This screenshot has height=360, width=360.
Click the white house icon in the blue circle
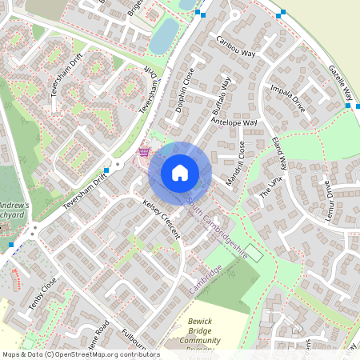point(180,173)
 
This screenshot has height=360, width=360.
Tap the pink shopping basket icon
point(144,151)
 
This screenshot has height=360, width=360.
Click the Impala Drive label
point(287,98)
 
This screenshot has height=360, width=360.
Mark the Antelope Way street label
point(234,124)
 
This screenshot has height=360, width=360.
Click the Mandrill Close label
point(236,164)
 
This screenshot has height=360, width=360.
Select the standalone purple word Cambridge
point(206,275)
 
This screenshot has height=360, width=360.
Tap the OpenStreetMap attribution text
point(80,354)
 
